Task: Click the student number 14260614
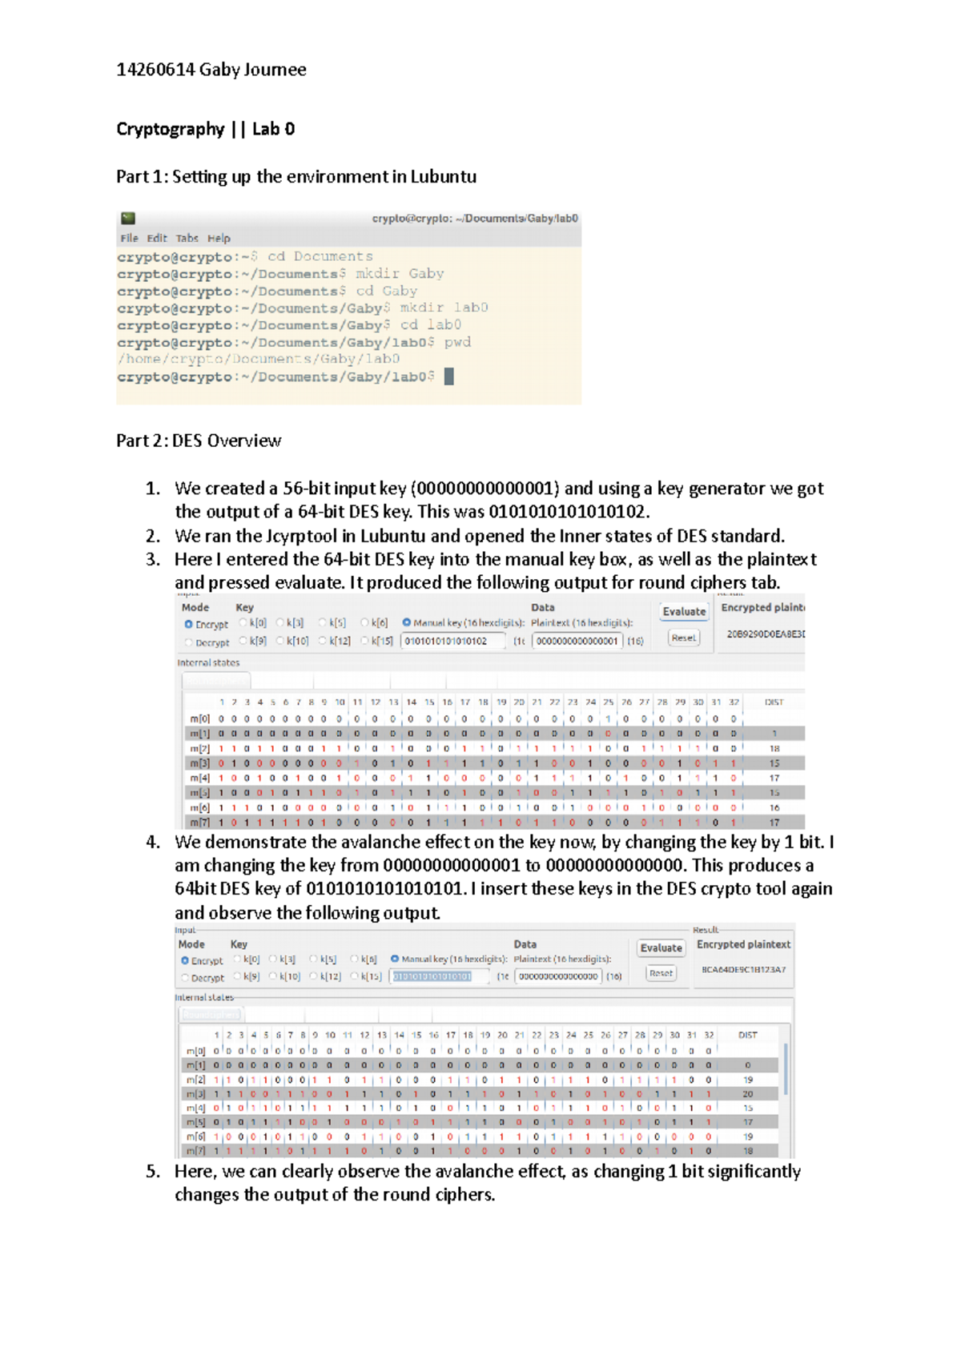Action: click(155, 70)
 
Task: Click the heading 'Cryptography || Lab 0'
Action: click(205, 129)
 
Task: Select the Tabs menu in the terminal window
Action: click(187, 238)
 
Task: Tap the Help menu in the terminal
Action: click(219, 238)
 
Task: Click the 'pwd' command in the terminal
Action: click(457, 342)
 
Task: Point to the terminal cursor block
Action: click(449, 376)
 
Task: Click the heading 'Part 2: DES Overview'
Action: click(199, 441)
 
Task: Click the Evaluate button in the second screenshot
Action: click(661, 948)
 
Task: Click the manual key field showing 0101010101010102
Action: click(452, 641)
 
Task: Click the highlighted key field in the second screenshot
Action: click(438, 976)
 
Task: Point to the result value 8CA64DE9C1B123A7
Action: click(743, 970)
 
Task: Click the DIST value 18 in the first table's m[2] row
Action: click(774, 748)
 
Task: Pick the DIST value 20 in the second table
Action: click(747, 1093)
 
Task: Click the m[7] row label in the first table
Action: click(199, 822)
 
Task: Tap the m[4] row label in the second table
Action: click(195, 1108)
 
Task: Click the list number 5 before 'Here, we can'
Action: click(153, 1171)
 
